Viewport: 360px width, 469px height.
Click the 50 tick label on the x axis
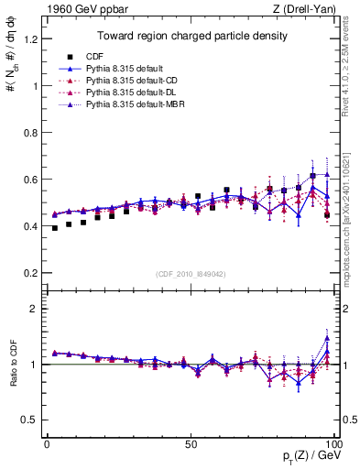coord(191,443)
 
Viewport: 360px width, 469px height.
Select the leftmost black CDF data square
coord(55,228)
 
